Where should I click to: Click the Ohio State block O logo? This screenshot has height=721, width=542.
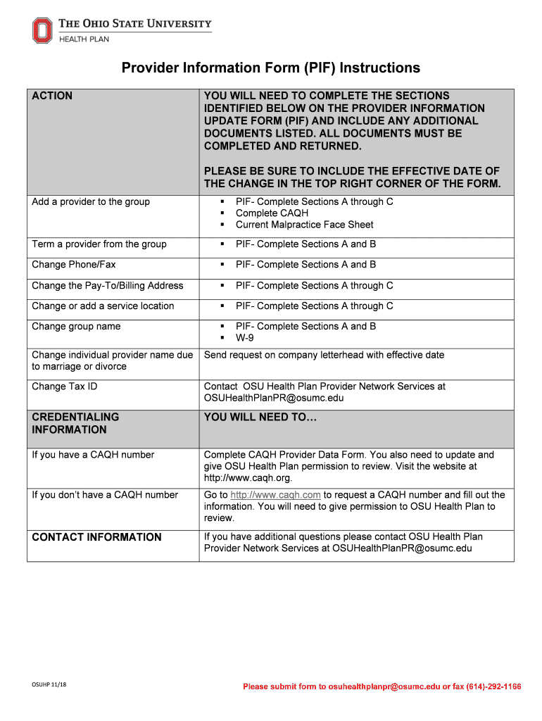click(x=42, y=30)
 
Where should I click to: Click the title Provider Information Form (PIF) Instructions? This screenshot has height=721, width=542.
click(x=271, y=68)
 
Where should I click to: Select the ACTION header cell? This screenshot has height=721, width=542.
click(x=52, y=96)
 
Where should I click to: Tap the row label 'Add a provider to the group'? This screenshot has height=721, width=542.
click(x=91, y=202)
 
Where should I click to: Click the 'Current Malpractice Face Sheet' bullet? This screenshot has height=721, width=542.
click(x=304, y=225)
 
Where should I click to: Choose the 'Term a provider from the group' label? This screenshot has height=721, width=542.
click(x=99, y=244)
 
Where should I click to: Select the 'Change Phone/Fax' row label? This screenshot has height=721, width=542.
click(x=74, y=265)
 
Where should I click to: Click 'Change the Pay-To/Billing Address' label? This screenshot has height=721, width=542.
click(x=107, y=286)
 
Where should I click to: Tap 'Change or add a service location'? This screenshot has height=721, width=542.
click(x=103, y=306)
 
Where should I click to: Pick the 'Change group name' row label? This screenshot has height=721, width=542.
click(x=76, y=327)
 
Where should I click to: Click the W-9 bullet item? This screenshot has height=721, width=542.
click(x=245, y=338)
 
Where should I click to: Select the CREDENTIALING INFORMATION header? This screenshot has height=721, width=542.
click(x=75, y=423)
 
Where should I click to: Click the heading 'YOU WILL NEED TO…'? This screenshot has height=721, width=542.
click(x=260, y=418)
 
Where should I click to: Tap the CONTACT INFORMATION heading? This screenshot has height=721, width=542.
click(x=96, y=537)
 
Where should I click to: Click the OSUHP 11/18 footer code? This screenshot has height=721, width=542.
click(x=49, y=686)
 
